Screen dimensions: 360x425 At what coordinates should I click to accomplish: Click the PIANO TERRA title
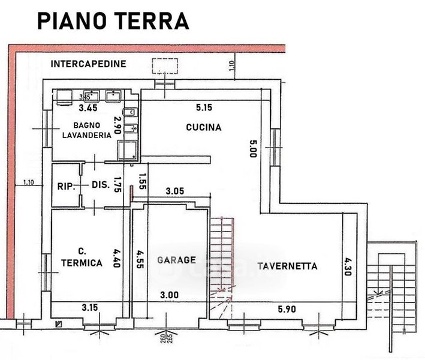113,20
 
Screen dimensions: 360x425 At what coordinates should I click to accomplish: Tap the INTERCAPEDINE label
88,63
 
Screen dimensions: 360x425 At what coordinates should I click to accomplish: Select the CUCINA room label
203,127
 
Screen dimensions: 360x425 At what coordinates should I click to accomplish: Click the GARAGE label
176,260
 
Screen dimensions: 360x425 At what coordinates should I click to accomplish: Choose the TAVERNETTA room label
287,266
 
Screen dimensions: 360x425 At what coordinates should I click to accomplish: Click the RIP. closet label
66,186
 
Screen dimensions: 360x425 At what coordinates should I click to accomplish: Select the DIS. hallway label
100,185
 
